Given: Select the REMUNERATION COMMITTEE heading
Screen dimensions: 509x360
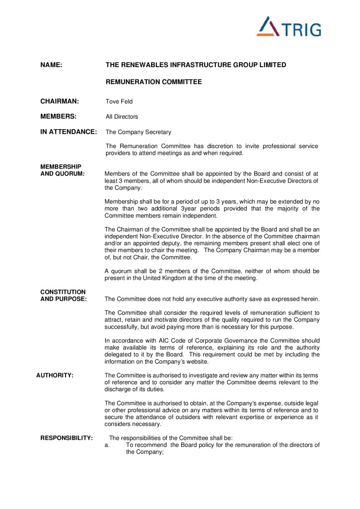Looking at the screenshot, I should (x=154, y=82).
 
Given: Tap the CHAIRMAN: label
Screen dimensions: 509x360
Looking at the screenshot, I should (x=60, y=101).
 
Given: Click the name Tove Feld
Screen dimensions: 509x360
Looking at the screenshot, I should (x=119, y=102).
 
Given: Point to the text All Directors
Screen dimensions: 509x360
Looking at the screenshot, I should (x=122, y=117).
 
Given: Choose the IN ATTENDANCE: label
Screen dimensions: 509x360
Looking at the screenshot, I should (x=69, y=132).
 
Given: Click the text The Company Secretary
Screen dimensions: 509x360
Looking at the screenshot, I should (x=138, y=132).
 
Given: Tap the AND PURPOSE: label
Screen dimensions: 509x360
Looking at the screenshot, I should (x=64, y=299).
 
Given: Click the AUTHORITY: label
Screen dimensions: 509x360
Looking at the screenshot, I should (x=55, y=375).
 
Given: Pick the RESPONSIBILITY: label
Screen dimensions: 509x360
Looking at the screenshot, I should (x=67, y=438).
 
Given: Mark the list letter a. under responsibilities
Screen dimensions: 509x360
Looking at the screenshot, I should (x=107, y=445).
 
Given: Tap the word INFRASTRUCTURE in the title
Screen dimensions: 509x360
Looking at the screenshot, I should (x=195, y=65).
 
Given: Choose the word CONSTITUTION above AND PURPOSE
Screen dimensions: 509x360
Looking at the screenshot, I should (x=63, y=292).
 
